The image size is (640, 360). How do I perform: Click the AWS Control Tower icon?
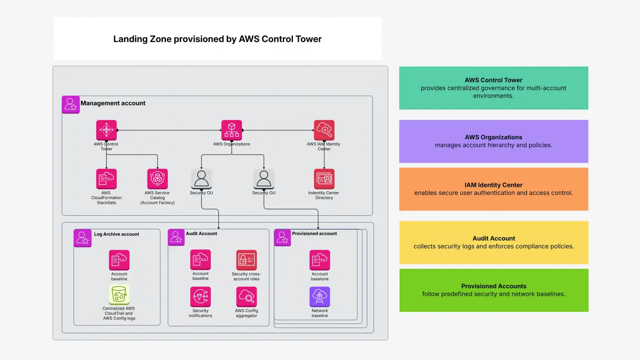pyautogui.click(x=106, y=130)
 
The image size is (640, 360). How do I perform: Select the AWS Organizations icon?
pyautogui.click(x=231, y=130)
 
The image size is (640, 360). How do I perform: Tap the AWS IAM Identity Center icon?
pyautogui.click(x=324, y=130)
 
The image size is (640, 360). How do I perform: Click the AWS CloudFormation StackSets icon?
pyautogui.click(x=106, y=179)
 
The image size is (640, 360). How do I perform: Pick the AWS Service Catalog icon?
pyautogui.click(x=157, y=179)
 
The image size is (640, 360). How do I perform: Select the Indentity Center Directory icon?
pyautogui.click(x=324, y=179)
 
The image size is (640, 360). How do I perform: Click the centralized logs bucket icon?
pyautogui.click(x=119, y=294)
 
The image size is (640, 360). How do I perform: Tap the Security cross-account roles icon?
pyautogui.click(x=246, y=260)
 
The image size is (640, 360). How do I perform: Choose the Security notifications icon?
pyautogui.click(x=200, y=297)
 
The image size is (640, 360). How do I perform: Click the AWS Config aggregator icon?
pyautogui.click(x=246, y=297)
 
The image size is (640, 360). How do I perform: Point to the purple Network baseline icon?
pyautogui.click(x=319, y=297)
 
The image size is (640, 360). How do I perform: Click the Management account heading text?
pyautogui.click(x=113, y=103)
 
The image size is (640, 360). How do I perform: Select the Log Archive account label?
pyautogui.click(x=116, y=234)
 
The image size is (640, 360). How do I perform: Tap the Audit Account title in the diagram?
pyautogui.click(x=201, y=233)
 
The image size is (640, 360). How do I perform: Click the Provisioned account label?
pyautogui.click(x=314, y=233)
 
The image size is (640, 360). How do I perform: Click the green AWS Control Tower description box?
pyautogui.click(x=493, y=88)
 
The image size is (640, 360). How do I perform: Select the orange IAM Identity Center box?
pyautogui.click(x=493, y=189)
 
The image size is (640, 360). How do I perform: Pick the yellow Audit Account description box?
pyautogui.click(x=493, y=242)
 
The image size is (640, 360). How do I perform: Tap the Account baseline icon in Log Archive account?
pyautogui.click(x=119, y=260)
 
